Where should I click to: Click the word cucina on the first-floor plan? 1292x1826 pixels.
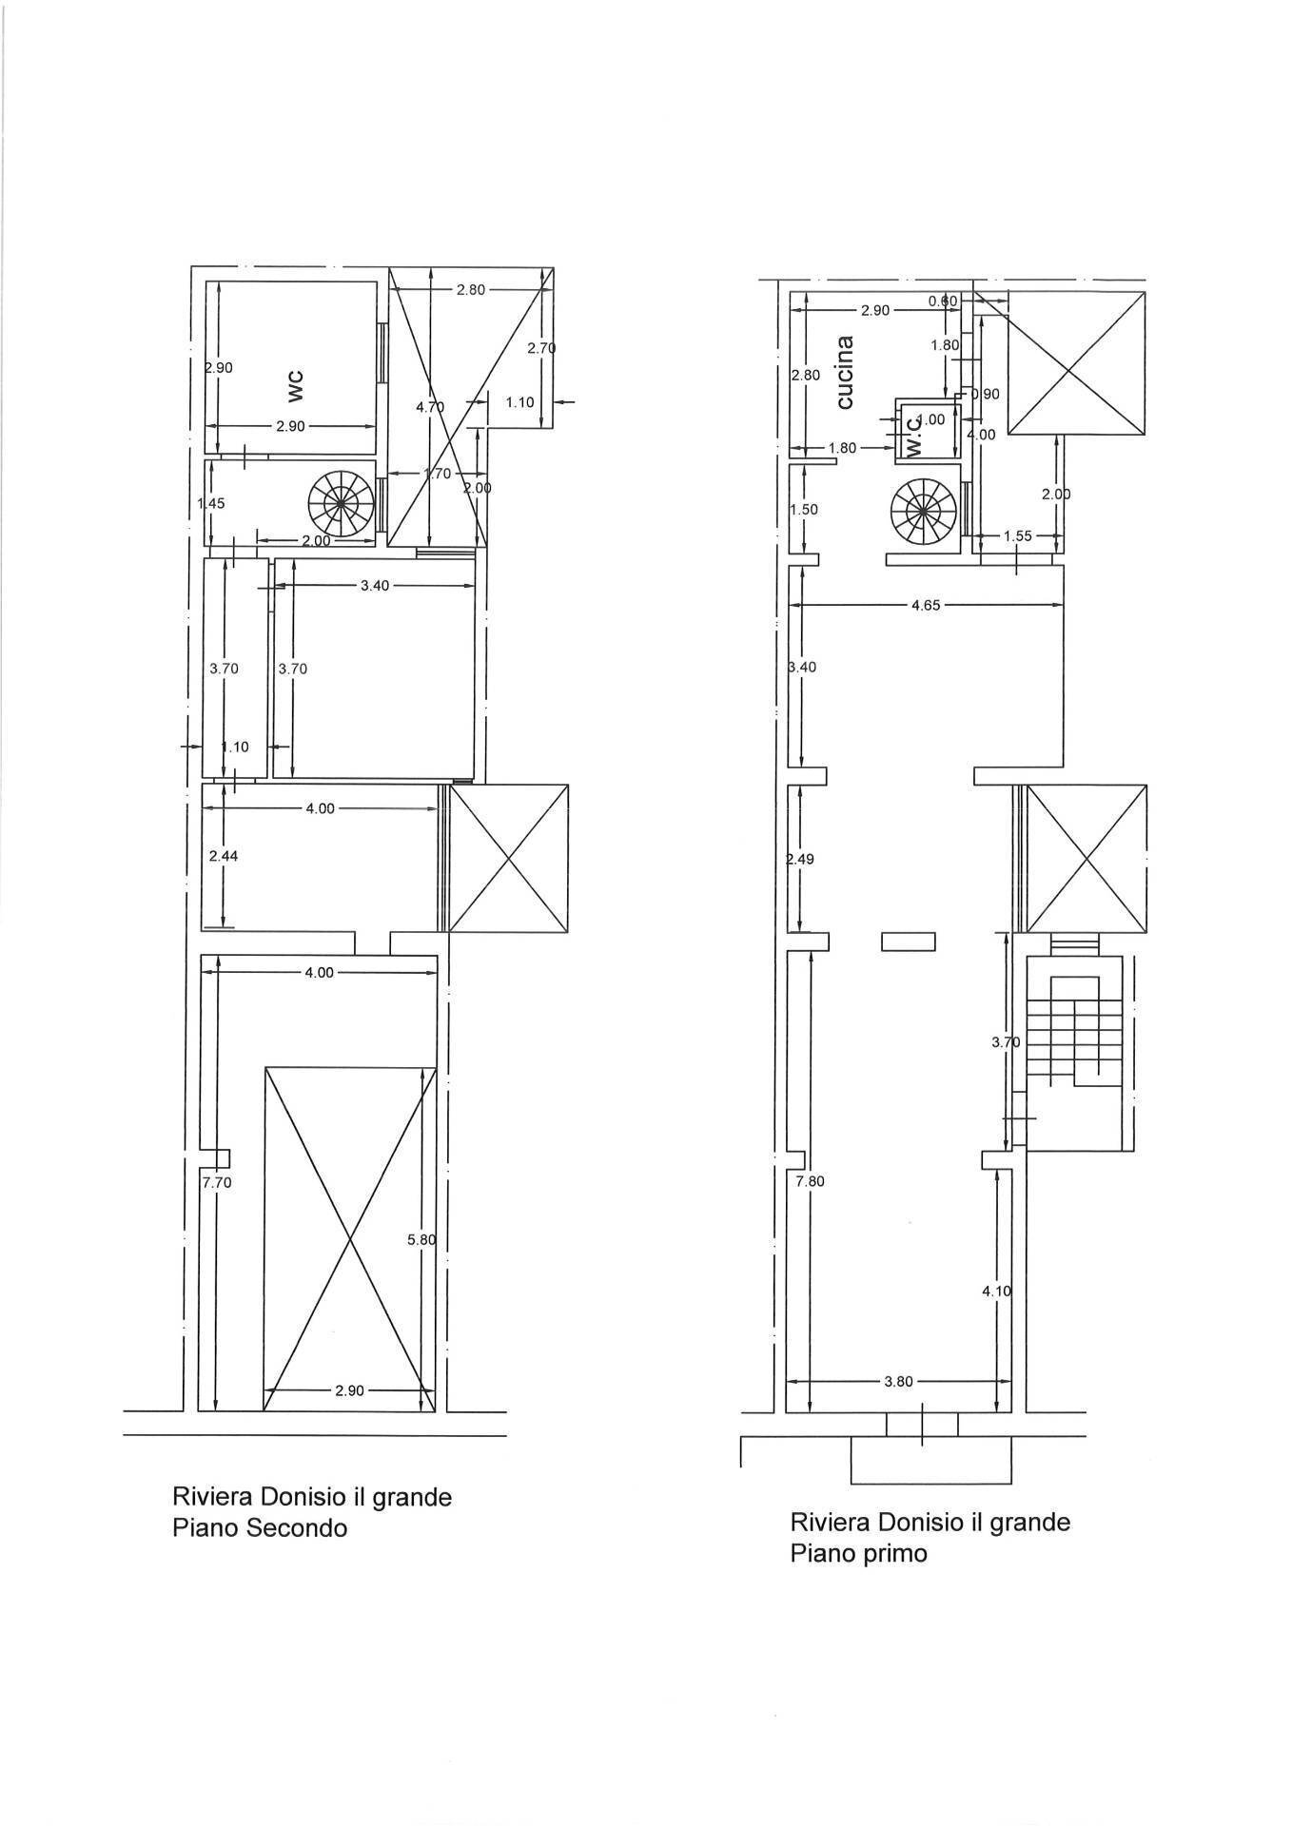coord(844,372)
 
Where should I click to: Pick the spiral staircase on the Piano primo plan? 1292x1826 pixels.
coord(921,514)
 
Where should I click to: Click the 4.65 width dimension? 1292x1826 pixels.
coord(925,604)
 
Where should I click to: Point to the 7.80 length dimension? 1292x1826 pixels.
coord(810,1181)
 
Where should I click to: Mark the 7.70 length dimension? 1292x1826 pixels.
coord(216,1182)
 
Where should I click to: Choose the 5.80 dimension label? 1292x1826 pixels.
coord(421,1240)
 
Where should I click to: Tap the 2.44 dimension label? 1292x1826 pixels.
coord(223,856)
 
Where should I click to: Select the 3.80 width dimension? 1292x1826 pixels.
coord(898,1381)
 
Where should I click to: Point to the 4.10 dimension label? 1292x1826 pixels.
coord(996,1291)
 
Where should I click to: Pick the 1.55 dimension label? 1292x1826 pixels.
coord(1017,536)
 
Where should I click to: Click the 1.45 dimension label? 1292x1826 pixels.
coord(210,503)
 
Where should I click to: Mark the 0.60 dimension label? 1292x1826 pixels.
coord(943,301)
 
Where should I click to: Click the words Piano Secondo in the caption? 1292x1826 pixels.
coord(260,1528)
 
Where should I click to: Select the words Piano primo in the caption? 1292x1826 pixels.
coord(857,1554)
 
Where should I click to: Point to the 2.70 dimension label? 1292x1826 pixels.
coord(541,348)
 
